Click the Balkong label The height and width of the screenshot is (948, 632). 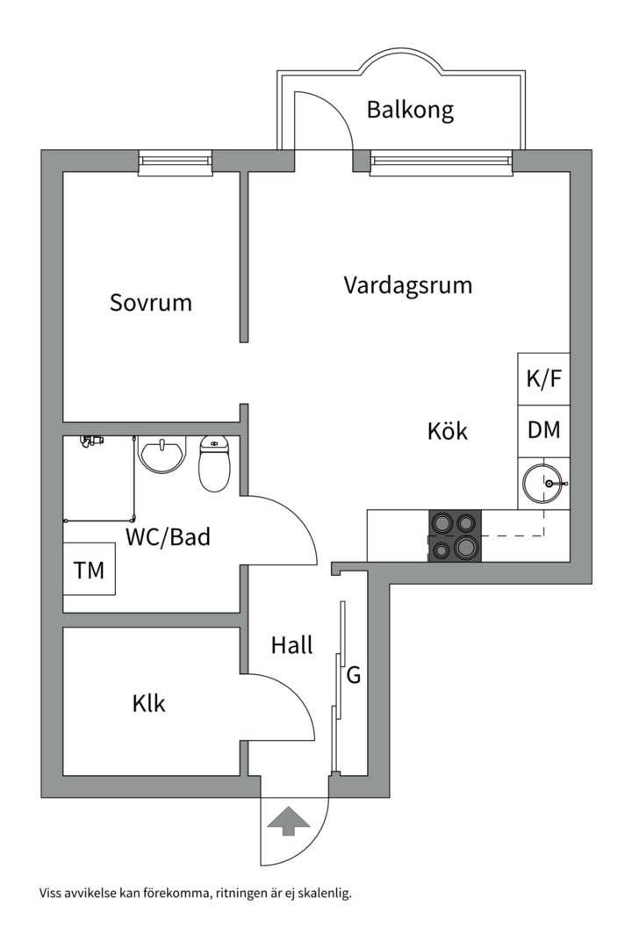410,111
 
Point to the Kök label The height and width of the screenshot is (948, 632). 448,432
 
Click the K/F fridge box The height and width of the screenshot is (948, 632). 543,379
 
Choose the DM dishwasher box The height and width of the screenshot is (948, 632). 543,431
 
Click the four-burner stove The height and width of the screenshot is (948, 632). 455,535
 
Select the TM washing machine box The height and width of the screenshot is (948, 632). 89,571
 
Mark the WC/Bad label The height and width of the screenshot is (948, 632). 169,536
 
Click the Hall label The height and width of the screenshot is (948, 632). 291,646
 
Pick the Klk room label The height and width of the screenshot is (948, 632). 149,703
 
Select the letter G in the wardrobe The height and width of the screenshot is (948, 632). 355,676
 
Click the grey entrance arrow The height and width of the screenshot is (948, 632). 289,822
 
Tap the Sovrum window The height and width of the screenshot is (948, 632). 176,162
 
